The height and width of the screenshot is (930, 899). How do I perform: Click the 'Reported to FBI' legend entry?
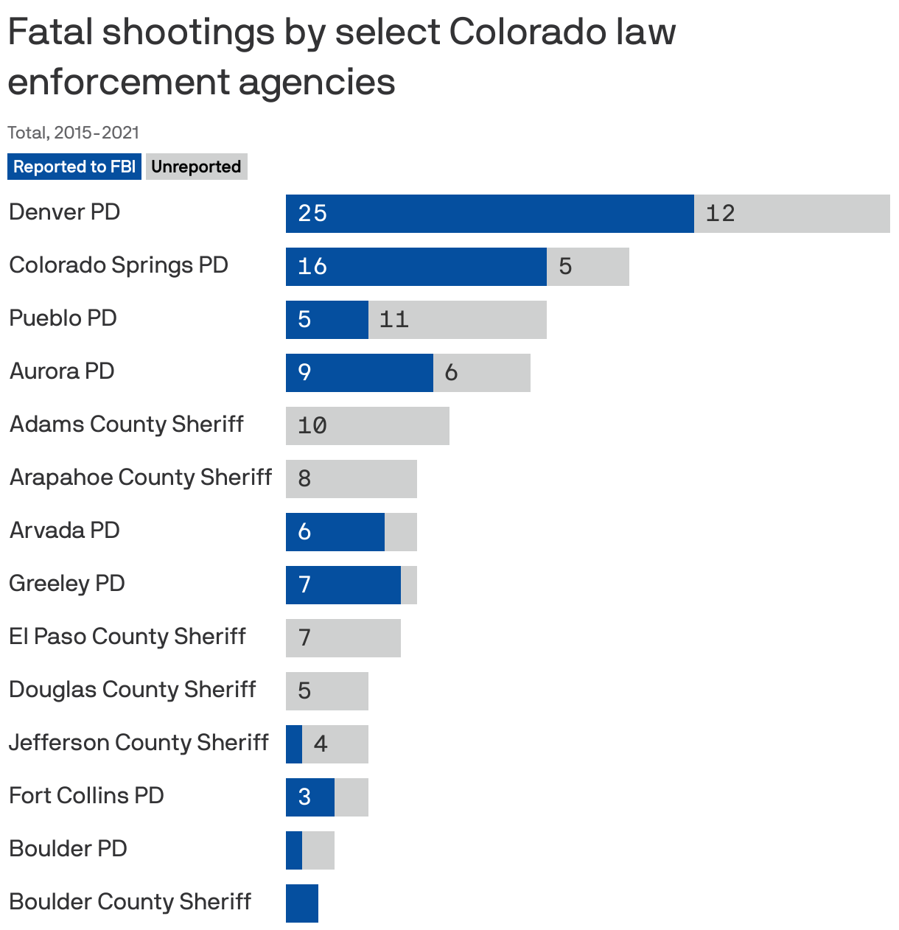tap(74, 167)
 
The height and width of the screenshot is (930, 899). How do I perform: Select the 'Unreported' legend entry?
tap(196, 167)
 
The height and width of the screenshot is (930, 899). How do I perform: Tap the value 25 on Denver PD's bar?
tap(312, 214)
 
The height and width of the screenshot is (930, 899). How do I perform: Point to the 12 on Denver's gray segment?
tap(720, 214)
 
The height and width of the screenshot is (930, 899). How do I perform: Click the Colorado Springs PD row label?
tap(119, 265)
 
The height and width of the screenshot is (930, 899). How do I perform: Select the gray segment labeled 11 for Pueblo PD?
tap(457, 320)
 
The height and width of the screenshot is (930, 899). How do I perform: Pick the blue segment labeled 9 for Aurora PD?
tap(359, 373)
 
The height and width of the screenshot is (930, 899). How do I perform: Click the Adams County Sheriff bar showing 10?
tap(367, 426)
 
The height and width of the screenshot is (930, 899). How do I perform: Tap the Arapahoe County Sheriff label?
tap(141, 478)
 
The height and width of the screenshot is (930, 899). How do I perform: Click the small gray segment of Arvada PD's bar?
tap(401, 532)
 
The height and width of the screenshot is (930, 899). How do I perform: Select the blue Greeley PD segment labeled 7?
tap(343, 585)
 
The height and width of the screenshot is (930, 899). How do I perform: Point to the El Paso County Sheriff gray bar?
tap(343, 638)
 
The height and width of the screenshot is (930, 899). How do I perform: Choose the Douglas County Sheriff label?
tap(132, 690)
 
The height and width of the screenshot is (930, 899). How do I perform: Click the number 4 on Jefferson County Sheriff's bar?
tap(321, 744)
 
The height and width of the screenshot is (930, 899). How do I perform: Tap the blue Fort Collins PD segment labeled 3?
tap(309, 797)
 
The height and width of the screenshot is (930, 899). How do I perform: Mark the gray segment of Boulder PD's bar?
tap(318, 850)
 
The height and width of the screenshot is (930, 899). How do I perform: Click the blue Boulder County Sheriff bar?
tap(302, 903)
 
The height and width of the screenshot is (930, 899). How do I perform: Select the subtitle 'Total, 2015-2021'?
tap(73, 133)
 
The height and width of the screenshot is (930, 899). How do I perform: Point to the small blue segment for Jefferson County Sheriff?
tap(294, 744)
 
